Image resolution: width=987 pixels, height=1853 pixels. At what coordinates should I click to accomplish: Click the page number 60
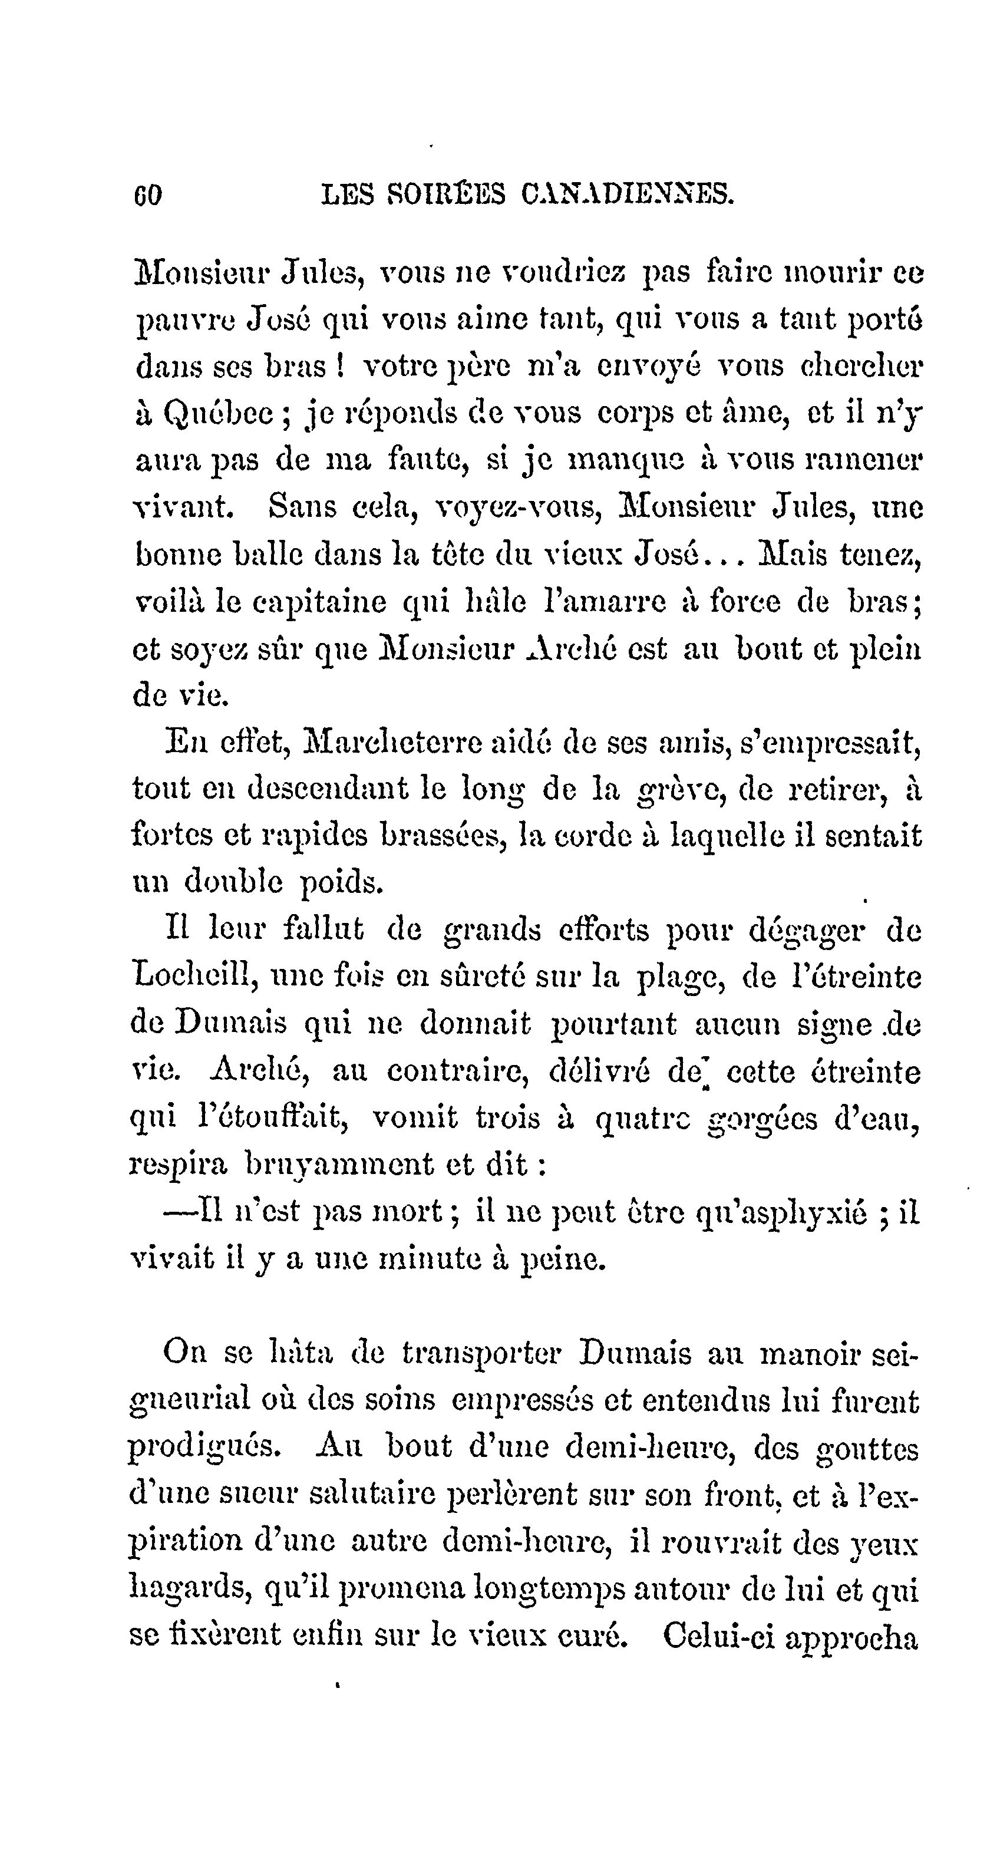pos(148,195)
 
